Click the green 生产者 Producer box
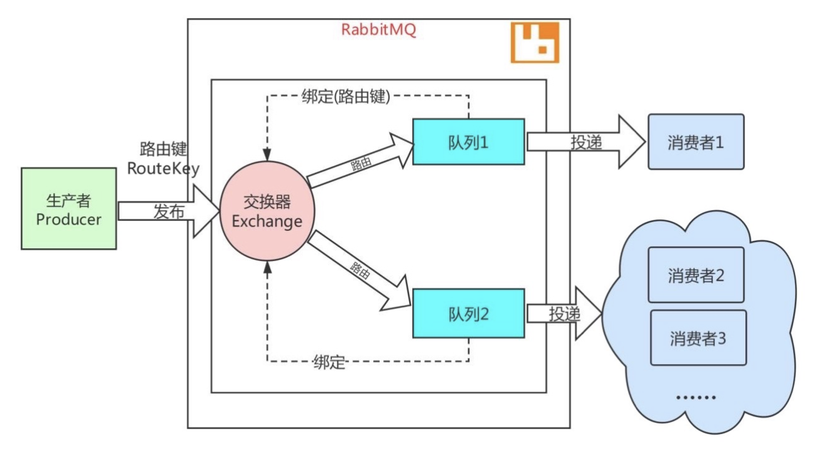69,209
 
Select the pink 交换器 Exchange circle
267,211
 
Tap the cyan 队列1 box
468,142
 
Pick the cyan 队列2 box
468,314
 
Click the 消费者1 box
696,142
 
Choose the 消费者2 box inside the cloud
696,275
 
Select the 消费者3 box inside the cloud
698,338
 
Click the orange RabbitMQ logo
535,42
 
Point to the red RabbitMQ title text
378,30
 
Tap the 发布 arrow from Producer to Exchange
168,211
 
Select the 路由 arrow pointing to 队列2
359,270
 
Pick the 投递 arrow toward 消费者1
586,142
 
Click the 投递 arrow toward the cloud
564,314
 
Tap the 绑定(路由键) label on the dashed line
346,96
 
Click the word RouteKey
163,168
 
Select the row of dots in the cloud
696,397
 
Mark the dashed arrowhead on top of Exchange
267,155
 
